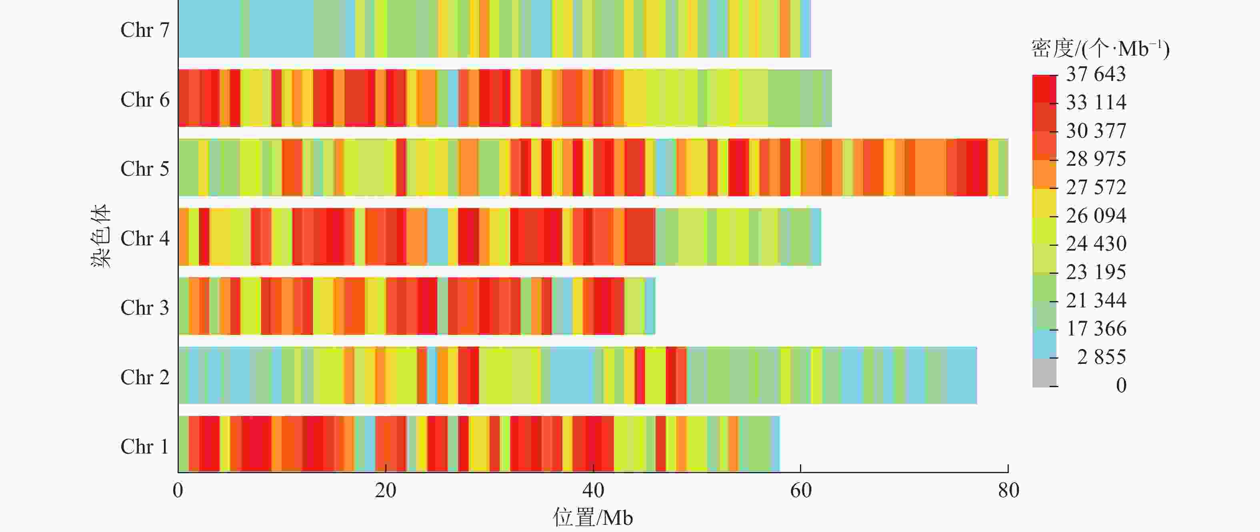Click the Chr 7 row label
145,30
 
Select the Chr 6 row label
145,100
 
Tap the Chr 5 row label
145,169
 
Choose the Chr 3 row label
145,308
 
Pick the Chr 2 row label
145,377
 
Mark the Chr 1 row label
145,447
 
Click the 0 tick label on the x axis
178,490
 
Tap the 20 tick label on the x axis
386,490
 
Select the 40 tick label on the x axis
593,490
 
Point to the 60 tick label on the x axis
801,490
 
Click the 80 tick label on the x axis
1008,490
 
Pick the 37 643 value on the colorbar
1096,74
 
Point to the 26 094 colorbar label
1096,216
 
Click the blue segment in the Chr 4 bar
437,237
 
